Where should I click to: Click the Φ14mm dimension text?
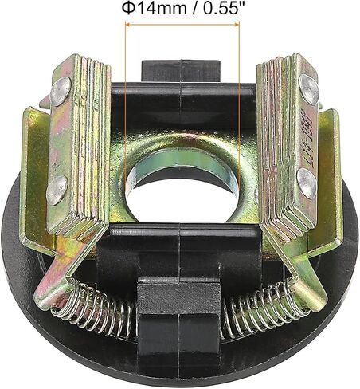click(x=154, y=9)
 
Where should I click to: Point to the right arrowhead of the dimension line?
click(x=237, y=25)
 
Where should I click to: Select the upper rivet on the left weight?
click(x=61, y=91)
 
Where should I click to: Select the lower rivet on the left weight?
click(x=57, y=190)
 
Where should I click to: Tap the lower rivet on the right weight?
click(x=307, y=183)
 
